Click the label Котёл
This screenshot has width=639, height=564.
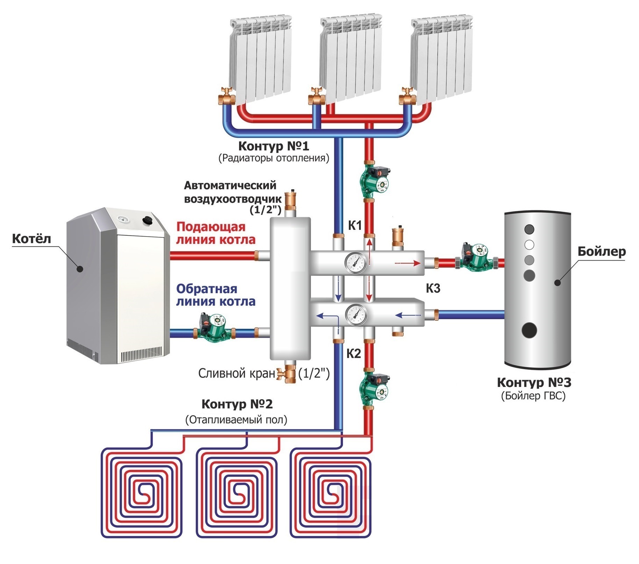click(31, 239)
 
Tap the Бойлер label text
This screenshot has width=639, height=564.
click(601, 251)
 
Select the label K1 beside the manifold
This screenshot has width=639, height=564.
click(355, 226)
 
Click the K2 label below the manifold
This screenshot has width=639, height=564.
click(353, 354)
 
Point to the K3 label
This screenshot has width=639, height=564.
click(433, 288)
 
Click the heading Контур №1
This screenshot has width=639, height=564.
click(274, 146)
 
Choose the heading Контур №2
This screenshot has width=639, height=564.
click(237, 404)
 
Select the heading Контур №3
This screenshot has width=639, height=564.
click(534, 382)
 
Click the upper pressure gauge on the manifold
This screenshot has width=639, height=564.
click(356, 262)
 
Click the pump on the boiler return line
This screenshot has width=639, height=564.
click(211, 328)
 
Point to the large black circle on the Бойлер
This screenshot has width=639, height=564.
click(529, 330)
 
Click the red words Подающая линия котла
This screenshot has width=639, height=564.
click(216, 233)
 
